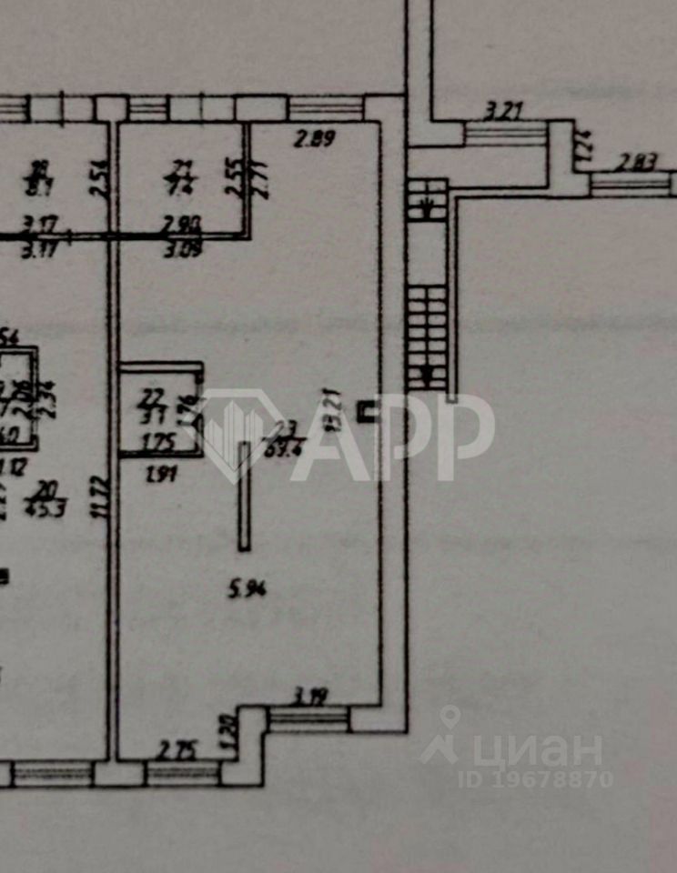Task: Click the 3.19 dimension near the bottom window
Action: point(310,699)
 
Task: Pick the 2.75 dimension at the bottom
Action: point(177,750)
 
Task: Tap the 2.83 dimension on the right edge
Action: point(637,164)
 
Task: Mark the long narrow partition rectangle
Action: point(244,496)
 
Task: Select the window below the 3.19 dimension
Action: point(309,719)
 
